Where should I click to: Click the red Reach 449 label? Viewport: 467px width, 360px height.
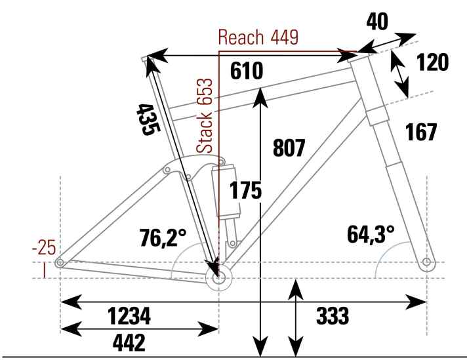[x=258, y=37]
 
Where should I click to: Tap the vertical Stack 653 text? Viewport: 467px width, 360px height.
[x=205, y=116]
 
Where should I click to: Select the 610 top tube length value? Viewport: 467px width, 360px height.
[x=247, y=71]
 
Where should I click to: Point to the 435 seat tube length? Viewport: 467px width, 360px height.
[x=148, y=119]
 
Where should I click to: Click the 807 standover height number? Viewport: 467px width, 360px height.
[x=289, y=148]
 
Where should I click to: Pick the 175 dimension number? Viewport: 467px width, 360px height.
[x=245, y=190]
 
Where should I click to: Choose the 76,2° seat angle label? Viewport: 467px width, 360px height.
[x=163, y=237]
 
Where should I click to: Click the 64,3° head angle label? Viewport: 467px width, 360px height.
[x=371, y=233]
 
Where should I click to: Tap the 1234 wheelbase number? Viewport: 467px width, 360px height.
[x=129, y=316]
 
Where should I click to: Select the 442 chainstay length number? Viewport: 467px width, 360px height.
[x=129, y=342]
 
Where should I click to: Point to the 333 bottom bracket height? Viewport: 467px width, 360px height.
[x=333, y=315]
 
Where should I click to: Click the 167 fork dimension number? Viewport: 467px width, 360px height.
[x=421, y=132]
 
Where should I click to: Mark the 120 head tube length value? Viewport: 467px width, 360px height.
[x=432, y=62]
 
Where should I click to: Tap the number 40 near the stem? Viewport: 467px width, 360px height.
[x=377, y=22]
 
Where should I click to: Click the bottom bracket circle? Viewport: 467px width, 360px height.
[x=219, y=278]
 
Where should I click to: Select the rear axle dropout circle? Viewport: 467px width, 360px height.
[x=60, y=263]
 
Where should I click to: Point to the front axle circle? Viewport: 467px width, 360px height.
[x=426, y=262]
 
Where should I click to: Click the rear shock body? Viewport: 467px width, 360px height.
[x=227, y=191]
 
